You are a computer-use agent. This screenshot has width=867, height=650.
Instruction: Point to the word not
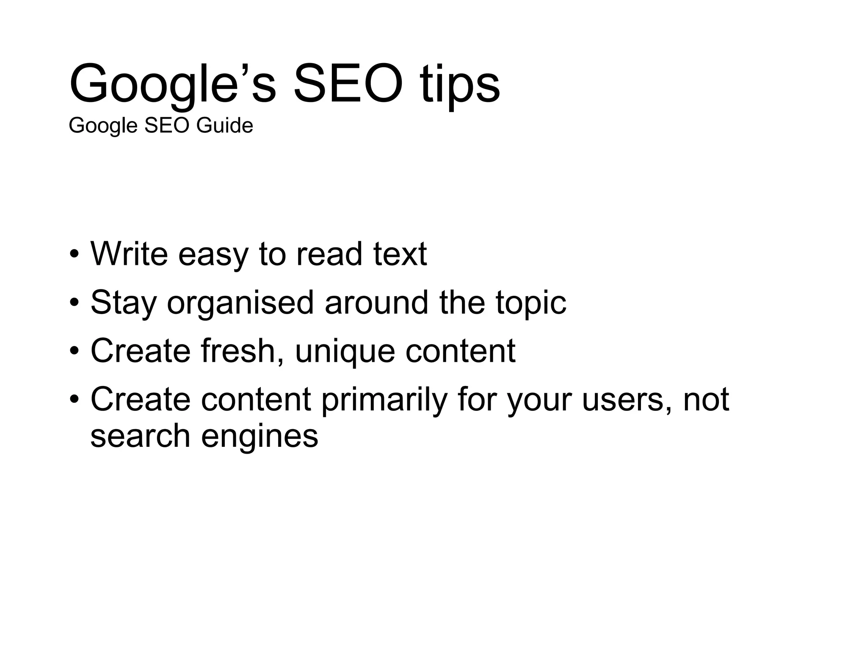pos(706,400)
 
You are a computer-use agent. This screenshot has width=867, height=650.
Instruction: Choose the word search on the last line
pos(140,436)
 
